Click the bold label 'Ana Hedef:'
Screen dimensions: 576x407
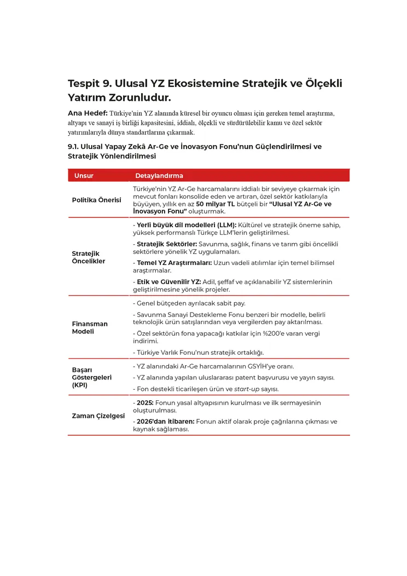pos(87,113)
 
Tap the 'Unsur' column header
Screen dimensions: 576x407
pos(84,176)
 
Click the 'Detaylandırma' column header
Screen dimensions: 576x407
pos(159,176)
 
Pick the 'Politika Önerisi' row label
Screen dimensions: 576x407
pos(96,200)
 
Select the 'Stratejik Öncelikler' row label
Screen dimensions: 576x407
pos(89,257)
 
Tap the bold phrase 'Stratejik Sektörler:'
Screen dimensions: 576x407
pos(167,244)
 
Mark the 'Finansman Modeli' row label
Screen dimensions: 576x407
pos(90,327)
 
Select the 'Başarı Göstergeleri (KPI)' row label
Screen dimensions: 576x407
pos(91,377)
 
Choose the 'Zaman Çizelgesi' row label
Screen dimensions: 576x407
pos(98,416)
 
